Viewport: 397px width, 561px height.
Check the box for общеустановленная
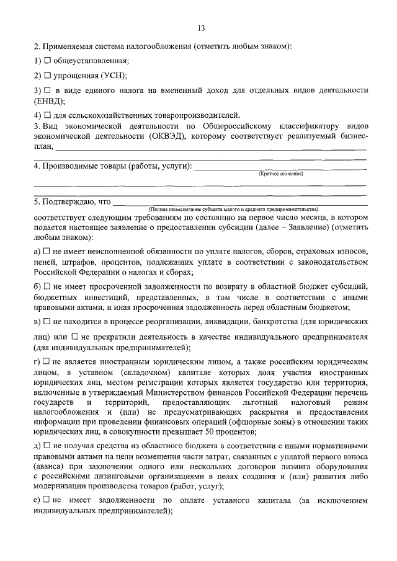pos(47,61)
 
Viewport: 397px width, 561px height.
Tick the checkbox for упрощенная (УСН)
pos(47,76)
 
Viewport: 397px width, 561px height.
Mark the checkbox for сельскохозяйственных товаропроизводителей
pos(47,115)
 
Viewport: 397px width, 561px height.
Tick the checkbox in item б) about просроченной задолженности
pos(47,287)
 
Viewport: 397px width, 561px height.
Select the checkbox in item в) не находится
pos(47,322)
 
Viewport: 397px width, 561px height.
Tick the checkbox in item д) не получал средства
pos(47,446)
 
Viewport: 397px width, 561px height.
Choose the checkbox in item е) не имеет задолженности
pos(47,500)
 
